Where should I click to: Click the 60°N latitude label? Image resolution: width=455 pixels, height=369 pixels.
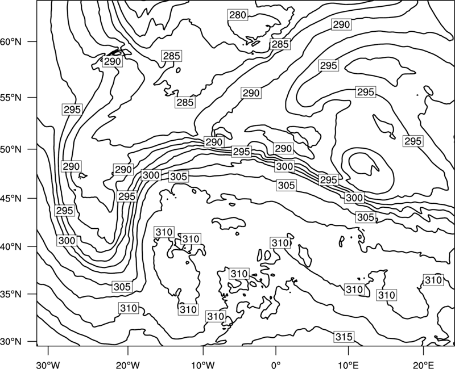[11, 42]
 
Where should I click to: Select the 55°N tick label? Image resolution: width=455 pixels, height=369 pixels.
[11, 98]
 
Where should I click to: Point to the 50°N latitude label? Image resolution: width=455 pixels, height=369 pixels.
[11, 149]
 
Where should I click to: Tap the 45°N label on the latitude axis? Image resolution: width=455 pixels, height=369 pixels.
[11, 198]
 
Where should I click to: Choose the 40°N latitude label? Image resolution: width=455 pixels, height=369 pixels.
[11, 247]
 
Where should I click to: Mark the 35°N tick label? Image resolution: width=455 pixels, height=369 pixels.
[11, 294]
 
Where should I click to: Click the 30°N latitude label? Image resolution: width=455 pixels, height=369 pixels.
[11, 342]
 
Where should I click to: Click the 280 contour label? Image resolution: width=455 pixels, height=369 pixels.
[238, 15]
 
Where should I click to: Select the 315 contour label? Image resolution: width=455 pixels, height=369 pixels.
[344, 337]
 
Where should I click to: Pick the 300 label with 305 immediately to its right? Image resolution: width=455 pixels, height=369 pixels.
[151, 175]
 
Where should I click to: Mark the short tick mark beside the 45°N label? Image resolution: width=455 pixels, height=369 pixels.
[32, 198]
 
